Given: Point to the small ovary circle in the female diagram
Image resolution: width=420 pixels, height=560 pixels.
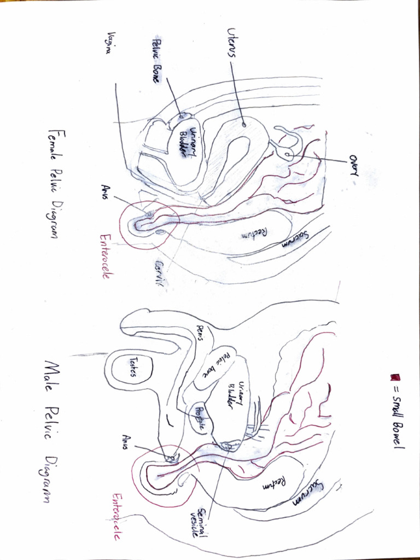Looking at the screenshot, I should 287,156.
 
